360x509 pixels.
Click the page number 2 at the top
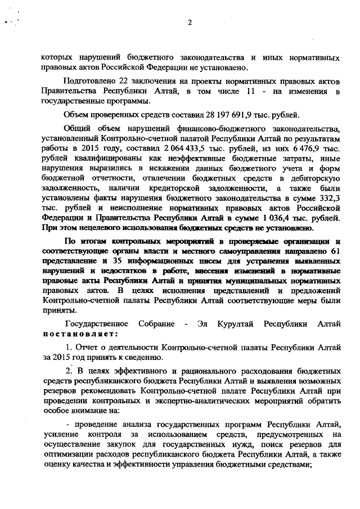[190, 22]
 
